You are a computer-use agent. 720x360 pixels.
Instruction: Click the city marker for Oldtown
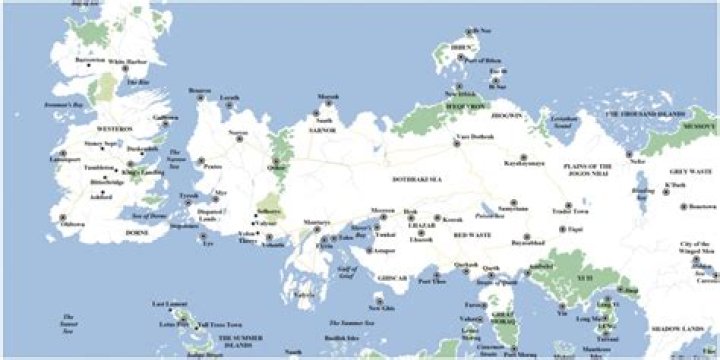click(62, 217)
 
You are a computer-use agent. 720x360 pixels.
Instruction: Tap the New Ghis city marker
click(378, 300)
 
